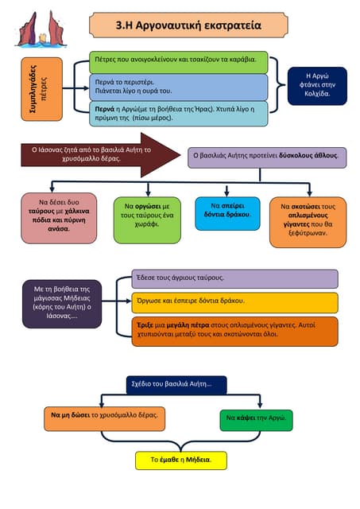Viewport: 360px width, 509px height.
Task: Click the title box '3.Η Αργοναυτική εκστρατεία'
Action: pos(188,25)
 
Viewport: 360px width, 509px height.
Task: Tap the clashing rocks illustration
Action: pos(41,29)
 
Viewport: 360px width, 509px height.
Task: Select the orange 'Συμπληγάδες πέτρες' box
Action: pos(42,89)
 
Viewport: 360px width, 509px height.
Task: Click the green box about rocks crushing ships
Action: pos(179,62)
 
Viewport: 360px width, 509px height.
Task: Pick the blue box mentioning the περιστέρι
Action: pos(179,87)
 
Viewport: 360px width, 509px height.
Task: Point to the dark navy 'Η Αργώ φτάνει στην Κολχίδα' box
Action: pos(317,86)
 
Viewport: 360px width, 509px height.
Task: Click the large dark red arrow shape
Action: pos(101,155)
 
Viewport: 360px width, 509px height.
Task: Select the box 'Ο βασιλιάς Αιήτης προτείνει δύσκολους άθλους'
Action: pos(267,157)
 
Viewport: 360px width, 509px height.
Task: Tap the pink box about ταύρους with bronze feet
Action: pos(59,218)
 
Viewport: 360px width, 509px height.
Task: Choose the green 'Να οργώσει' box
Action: pos(147,220)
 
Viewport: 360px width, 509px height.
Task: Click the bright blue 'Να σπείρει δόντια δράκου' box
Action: pos(227,213)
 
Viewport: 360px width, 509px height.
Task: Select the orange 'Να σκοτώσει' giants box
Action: pos(308,222)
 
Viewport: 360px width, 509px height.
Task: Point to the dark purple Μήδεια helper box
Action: pos(62,304)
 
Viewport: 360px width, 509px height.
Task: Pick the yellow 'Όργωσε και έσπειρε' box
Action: pos(234,302)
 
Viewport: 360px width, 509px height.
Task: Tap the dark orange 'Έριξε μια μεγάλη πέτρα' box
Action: pos(234,332)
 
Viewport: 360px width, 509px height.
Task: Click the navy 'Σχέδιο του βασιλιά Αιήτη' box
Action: pos(176,385)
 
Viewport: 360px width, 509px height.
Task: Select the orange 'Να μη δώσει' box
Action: pos(104,419)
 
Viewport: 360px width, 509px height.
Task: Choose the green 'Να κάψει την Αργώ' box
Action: pos(256,421)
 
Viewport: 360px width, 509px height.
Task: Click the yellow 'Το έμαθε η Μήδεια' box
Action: pos(181,460)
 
